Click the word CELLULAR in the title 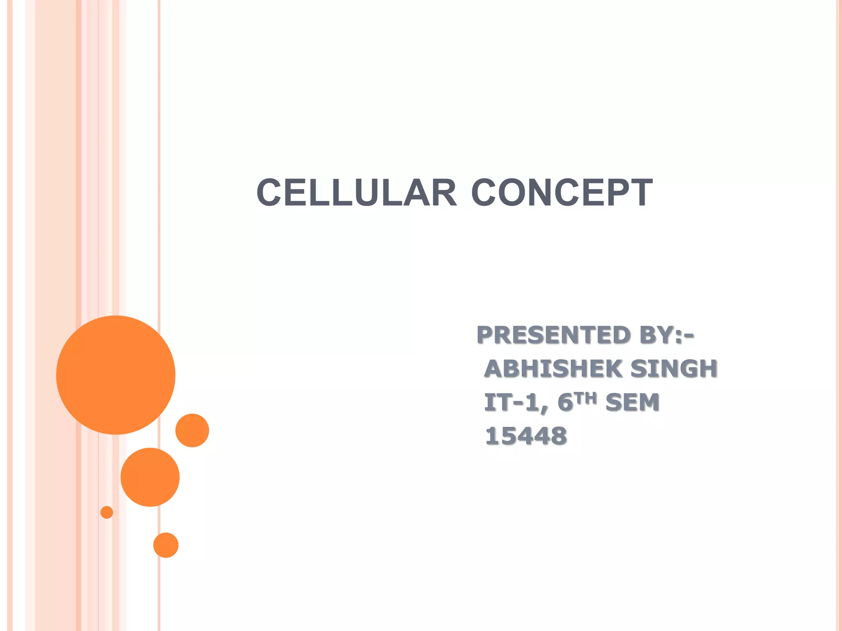(x=356, y=193)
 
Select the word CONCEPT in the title (x=562, y=193)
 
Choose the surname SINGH (x=674, y=368)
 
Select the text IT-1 (x=516, y=402)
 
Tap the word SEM (x=632, y=402)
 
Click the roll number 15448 (x=526, y=436)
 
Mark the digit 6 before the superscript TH (x=565, y=402)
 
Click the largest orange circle (x=116, y=375)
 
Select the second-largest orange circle (x=150, y=477)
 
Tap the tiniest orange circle (x=107, y=512)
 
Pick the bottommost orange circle (x=166, y=545)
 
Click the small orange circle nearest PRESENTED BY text (x=192, y=430)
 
